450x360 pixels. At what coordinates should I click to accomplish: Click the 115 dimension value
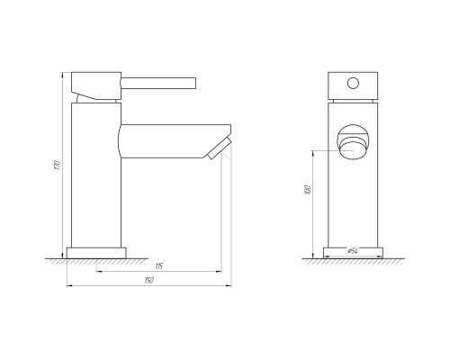(157, 266)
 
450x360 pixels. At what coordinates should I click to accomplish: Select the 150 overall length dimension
(148, 283)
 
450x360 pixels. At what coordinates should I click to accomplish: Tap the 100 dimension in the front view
(308, 190)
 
